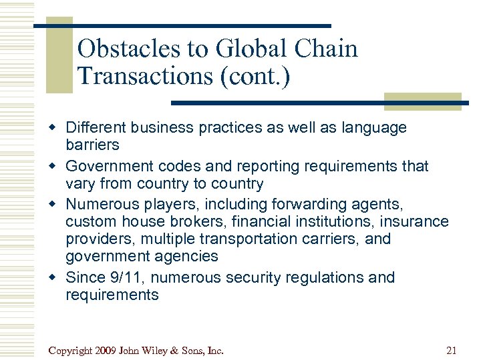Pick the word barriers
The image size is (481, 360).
pos(92,145)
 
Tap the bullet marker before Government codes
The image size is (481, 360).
pos(57,166)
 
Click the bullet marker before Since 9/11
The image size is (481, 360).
pos(57,277)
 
